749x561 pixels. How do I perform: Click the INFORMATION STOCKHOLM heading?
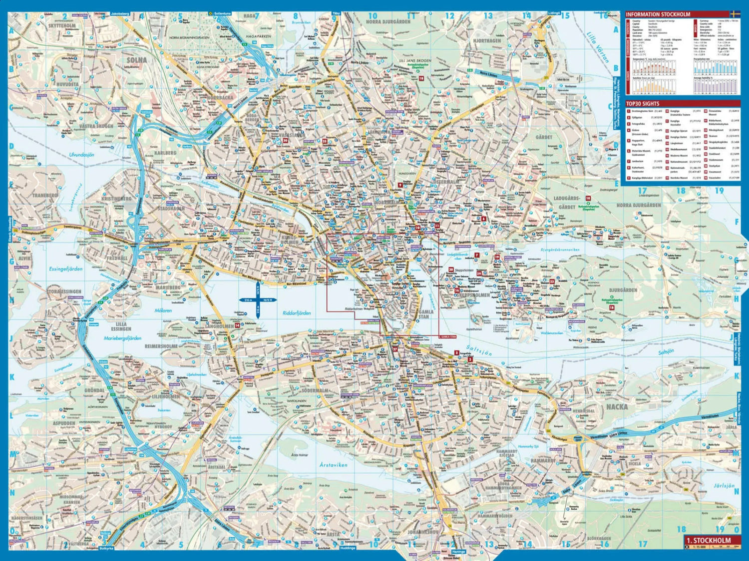[658, 14]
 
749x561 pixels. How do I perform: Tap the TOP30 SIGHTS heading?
[643, 103]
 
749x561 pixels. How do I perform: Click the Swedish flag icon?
[735, 14]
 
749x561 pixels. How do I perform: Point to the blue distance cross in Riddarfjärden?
[258, 300]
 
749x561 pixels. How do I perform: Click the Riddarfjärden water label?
[297, 313]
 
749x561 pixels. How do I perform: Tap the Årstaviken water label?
[333, 464]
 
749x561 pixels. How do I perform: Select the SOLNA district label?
[136, 60]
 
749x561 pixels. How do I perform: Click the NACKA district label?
[617, 406]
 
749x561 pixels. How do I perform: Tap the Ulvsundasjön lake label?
[81, 155]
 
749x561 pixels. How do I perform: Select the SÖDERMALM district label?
[315, 390]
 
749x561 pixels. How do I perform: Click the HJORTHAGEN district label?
[486, 40]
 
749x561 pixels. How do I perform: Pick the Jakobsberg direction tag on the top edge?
[120, 13]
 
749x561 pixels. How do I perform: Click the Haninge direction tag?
[458, 551]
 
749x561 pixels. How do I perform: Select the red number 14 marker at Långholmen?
[238, 325]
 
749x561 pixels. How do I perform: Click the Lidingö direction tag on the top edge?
[554, 13]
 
